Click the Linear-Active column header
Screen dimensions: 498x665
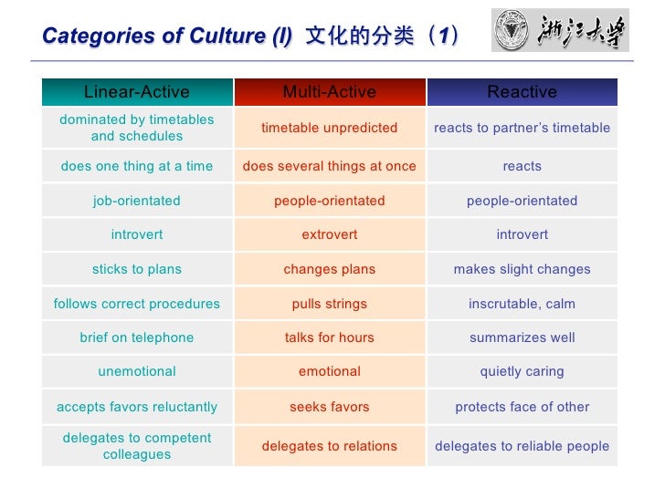(137, 92)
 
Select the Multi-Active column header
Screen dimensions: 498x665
(330, 92)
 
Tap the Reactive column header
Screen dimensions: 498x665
(522, 92)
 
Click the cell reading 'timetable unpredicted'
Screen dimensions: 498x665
(330, 128)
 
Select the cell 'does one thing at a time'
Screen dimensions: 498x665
(137, 166)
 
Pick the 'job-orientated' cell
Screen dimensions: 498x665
(137, 201)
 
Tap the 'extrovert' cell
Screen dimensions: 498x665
(330, 234)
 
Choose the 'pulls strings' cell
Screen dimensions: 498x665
(330, 304)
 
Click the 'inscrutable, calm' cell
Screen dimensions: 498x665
(522, 304)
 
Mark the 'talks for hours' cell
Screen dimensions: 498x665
(330, 337)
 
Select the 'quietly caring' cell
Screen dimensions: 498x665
(522, 371)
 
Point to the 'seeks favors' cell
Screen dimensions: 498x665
(330, 407)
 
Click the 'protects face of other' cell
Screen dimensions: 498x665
(522, 407)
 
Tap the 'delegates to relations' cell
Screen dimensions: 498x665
(330, 446)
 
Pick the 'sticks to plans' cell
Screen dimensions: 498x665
(137, 269)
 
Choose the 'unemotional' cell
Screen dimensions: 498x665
(137, 371)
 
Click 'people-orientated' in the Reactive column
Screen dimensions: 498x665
(522, 201)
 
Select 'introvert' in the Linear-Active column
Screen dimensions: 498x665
(137, 234)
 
